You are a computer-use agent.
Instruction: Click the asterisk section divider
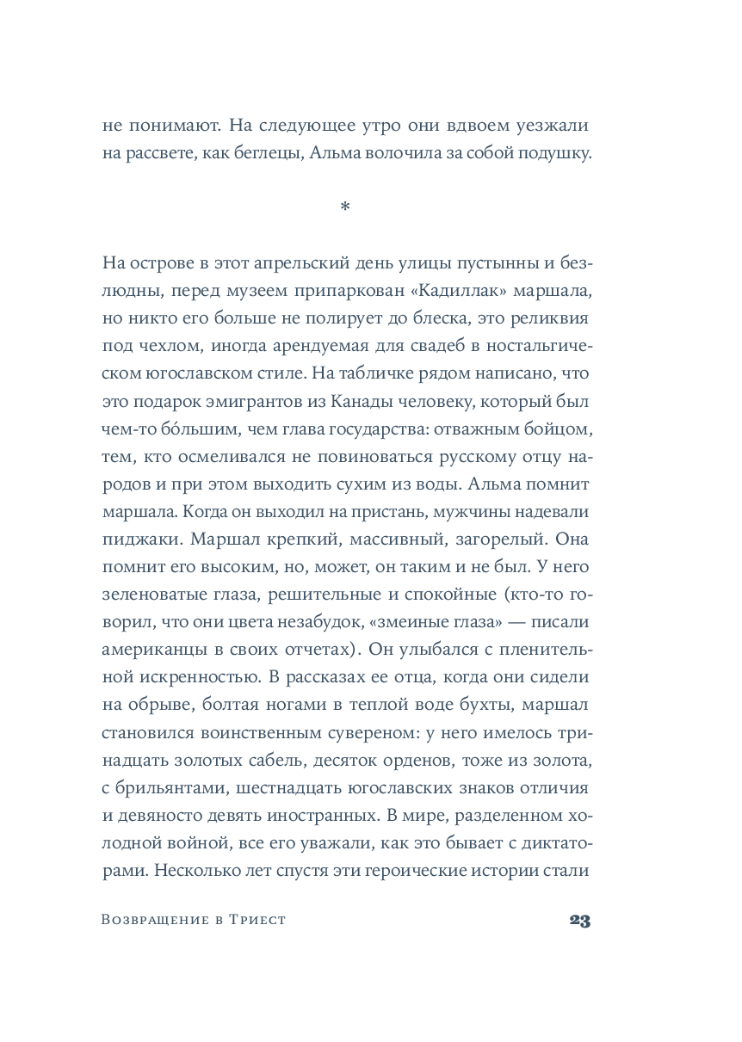[345, 207]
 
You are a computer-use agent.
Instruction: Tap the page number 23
[579, 920]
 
